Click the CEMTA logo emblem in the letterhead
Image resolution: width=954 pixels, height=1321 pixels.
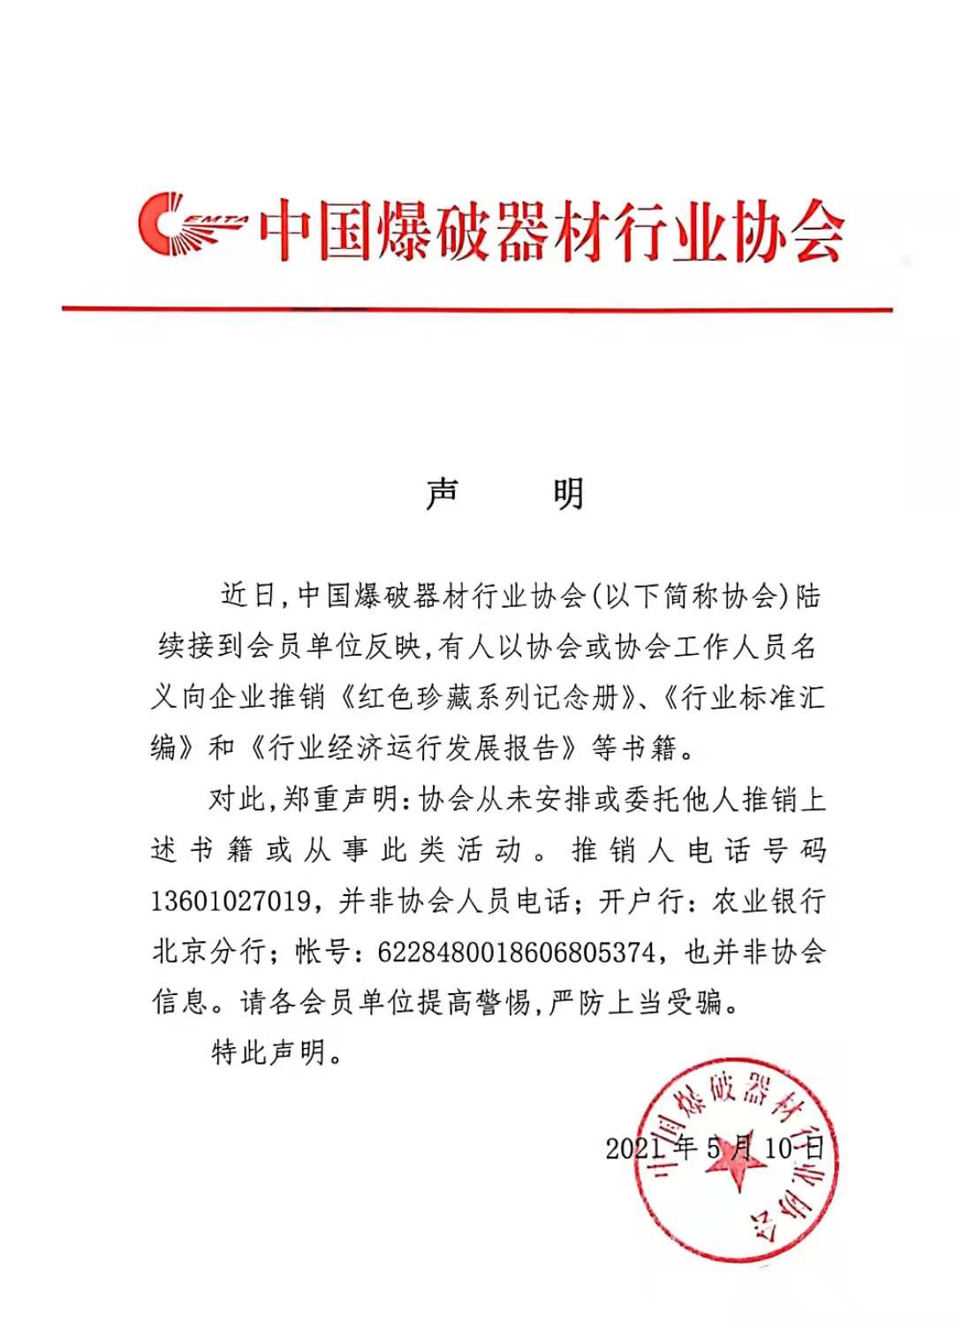tap(190, 225)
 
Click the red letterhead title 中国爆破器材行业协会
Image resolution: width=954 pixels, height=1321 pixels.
tap(551, 232)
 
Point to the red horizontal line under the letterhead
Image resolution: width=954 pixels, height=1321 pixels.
tap(477, 309)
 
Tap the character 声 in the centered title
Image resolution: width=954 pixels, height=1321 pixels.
tap(443, 493)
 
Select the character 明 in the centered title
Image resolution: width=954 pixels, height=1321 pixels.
tap(569, 493)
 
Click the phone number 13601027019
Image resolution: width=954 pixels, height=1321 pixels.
tap(231, 901)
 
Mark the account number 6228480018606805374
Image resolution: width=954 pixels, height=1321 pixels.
tap(516, 953)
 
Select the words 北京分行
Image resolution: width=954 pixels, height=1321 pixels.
tap(209, 953)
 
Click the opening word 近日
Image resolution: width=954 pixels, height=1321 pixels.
tap(248, 596)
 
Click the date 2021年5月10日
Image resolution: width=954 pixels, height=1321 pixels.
tap(715, 1148)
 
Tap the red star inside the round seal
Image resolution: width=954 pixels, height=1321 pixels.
tap(735, 1164)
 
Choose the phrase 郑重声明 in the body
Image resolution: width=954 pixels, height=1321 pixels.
tap(340, 800)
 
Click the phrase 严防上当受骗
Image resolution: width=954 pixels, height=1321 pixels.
tap(637, 1003)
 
